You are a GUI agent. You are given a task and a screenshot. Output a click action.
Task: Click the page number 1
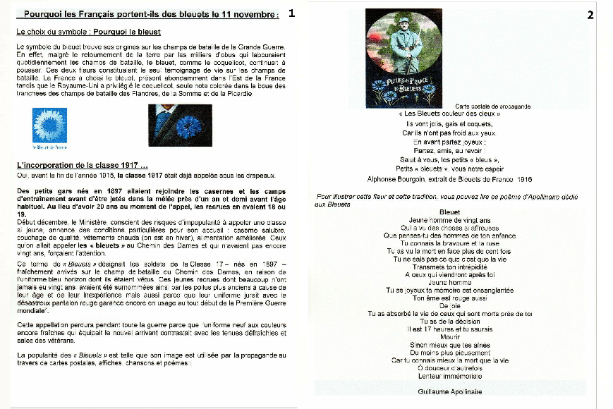click(x=292, y=13)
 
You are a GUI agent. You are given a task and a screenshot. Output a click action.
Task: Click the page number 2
click(x=590, y=15)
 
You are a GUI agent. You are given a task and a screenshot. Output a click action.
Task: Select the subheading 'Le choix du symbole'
click(x=89, y=32)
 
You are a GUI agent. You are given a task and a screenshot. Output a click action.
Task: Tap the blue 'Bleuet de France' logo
click(x=50, y=127)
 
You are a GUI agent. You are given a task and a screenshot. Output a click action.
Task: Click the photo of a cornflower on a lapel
click(x=180, y=125)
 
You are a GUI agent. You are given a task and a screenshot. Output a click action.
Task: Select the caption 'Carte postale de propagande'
click(x=492, y=106)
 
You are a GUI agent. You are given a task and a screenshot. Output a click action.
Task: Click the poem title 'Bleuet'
click(x=449, y=212)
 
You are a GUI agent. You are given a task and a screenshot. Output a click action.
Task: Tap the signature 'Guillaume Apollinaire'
click(x=449, y=391)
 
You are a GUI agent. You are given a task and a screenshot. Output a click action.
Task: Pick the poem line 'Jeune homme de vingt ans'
click(x=449, y=220)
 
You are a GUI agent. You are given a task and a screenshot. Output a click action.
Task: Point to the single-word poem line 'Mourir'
click(x=449, y=337)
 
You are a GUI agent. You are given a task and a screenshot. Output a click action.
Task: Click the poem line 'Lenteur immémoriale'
click(x=449, y=376)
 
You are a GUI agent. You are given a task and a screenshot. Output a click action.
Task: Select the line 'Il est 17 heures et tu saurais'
click(x=449, y=329)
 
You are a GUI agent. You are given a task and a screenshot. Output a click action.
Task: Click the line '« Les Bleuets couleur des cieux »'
click(x=449, y=114)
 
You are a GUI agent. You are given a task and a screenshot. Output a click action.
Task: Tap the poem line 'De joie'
click(x=449, y=305)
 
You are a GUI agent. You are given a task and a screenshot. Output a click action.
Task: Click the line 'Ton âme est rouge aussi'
click(x=449, y=298)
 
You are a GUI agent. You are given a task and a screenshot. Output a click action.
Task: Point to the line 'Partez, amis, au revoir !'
click(x=449, y=150)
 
